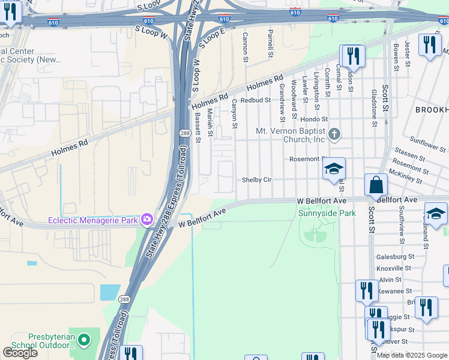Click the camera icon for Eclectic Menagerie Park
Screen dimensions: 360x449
coord(146,219)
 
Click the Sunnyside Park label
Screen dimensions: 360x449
coord(327,213)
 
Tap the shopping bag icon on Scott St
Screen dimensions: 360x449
coord(375,185)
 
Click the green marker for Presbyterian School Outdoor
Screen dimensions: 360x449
coord(84,341)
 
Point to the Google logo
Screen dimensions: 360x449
coord(20,353)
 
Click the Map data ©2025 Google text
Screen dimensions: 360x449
coord(412,355)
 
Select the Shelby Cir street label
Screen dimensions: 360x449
coord(257,180)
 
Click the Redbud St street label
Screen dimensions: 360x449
coord(253,101)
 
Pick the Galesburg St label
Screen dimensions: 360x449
coord(395,257)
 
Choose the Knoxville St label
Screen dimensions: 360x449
coord(394,268)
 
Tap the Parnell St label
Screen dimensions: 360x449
coord(271,41)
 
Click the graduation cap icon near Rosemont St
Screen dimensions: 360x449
coord(334,169)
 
